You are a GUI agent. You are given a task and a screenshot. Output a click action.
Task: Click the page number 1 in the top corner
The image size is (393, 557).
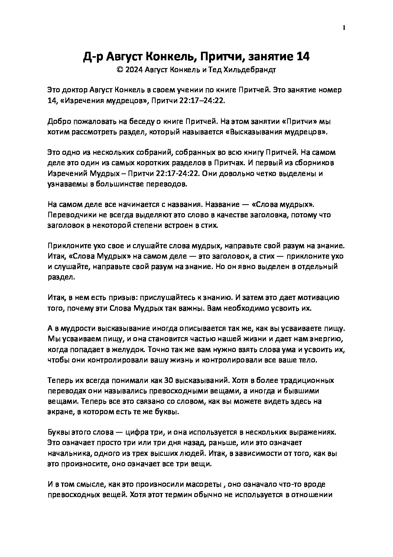pos(344,28)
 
